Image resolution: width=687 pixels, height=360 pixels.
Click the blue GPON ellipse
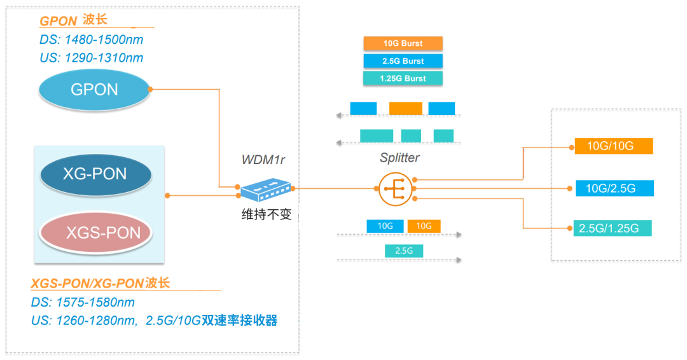[x=94, y=90]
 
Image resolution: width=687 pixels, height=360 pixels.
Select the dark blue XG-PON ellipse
[x=95, y=174]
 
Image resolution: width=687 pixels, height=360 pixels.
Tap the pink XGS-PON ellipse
[x=95, y=232]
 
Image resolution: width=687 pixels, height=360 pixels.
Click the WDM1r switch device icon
[x=265, y=188]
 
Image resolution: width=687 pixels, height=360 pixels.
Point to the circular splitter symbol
[x=395, y=188]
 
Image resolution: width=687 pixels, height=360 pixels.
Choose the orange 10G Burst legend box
[x=403, y=44]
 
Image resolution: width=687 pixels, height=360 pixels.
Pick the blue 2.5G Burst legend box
[x=403, y=61]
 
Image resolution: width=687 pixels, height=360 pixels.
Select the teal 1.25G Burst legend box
[x=403, y=78]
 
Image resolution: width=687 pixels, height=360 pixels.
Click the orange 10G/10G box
[x=613, y=146]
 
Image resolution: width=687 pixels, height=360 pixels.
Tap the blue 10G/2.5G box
[x=613, y=188]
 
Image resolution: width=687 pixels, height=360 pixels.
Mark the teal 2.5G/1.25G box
[x=613, y=228]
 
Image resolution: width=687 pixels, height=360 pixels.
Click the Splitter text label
[x=399, y=158]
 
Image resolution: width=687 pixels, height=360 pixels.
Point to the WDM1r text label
[x=263, y=159]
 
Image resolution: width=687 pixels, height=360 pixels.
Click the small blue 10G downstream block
[x=385, y=226]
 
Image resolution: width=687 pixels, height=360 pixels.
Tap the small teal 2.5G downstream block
[x=404, y=251]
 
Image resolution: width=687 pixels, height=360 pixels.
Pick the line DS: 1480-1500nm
[x=91, y=40]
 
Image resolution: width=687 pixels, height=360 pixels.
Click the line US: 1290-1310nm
[x=91, y=58]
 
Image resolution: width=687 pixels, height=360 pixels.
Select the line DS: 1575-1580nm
[x=83, y=303]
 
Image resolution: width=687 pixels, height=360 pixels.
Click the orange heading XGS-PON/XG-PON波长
[x=101, y=284]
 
